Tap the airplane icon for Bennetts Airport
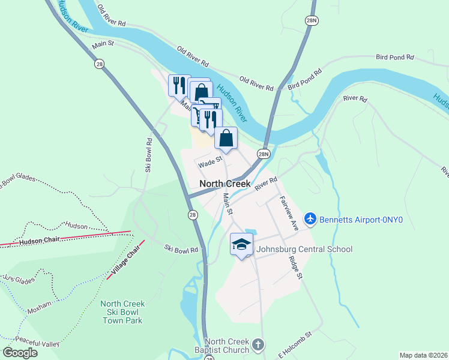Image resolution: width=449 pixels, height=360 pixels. click(x=310, y=220)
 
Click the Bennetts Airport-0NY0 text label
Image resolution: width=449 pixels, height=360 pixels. click(x=360, y=220)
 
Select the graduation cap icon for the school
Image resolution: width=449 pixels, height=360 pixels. click(x=241, y=245)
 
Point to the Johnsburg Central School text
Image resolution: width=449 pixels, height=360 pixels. click(x=304, y=249)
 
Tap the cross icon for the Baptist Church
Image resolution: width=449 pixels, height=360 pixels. click(x=258, y=344)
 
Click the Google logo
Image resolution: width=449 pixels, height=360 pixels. click(x=20, y=352)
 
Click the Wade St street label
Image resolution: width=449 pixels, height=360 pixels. click(x=211, y=160)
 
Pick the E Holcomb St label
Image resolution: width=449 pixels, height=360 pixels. click(x=296, y=346)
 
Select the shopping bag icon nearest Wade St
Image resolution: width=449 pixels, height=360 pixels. click(x=226, y=139)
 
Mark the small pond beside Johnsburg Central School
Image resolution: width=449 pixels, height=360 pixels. click(x=250, y=232)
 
